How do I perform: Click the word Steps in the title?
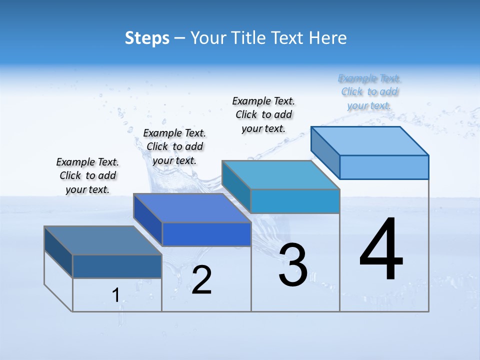[147, 38]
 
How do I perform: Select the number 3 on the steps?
[293, 265]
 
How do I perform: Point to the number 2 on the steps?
[201, 280]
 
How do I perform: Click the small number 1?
[115, 295]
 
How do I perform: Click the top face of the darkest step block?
[102, 240]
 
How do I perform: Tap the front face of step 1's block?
[117, 266]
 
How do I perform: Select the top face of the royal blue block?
[192, 207]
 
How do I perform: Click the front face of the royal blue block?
[206, 234]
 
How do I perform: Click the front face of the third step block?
[295, 201]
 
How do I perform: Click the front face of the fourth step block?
[384, 167]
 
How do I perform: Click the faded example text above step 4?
[369, 92]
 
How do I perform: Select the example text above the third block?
[263, 114]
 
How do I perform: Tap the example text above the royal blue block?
[174, 146]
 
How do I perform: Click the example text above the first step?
[87, 175]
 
